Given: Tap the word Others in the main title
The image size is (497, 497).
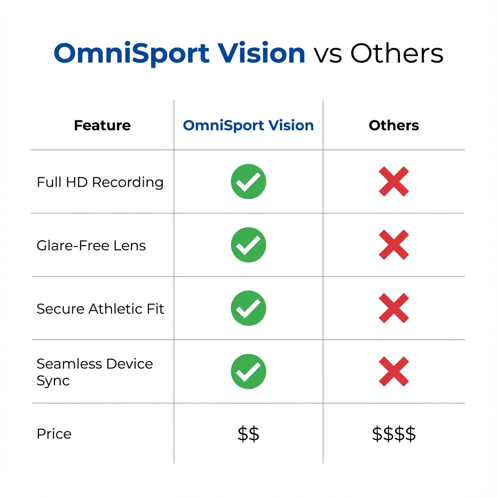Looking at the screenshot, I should [x=397, y=53].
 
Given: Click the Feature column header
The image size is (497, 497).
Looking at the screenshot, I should [x=102, y=126].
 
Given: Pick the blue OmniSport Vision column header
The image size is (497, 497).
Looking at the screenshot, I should [x=248, y=126].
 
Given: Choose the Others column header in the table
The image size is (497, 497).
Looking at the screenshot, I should [x=394, y=126].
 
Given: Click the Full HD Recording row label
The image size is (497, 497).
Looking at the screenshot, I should [x=100, y=182].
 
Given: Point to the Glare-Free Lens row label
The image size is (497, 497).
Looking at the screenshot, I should [x=91, y=246].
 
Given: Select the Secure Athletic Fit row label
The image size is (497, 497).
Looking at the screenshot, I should [x=100, y=309].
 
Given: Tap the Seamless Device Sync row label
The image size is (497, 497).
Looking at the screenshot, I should [x=95, y=372].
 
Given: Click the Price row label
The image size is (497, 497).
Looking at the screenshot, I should [x=54, y=433].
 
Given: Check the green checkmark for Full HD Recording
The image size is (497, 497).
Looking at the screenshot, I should [x=248, y=182].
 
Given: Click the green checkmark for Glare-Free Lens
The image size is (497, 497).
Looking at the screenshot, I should [x=248, y=245].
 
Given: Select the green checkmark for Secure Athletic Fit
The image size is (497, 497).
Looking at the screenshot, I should [x=248, y=308].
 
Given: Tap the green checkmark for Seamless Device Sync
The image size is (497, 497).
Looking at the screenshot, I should [x=248, y=371].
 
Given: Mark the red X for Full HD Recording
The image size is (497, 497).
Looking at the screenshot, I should [x=394, y=182].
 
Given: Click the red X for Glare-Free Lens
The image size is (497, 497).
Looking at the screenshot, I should [x=394, y=245].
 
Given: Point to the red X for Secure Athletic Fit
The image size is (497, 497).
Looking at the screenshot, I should [x=394, y=308].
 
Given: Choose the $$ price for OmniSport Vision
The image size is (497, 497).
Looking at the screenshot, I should [x=248, y=434].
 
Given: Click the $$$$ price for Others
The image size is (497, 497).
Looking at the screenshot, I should [x=394, y=434].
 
